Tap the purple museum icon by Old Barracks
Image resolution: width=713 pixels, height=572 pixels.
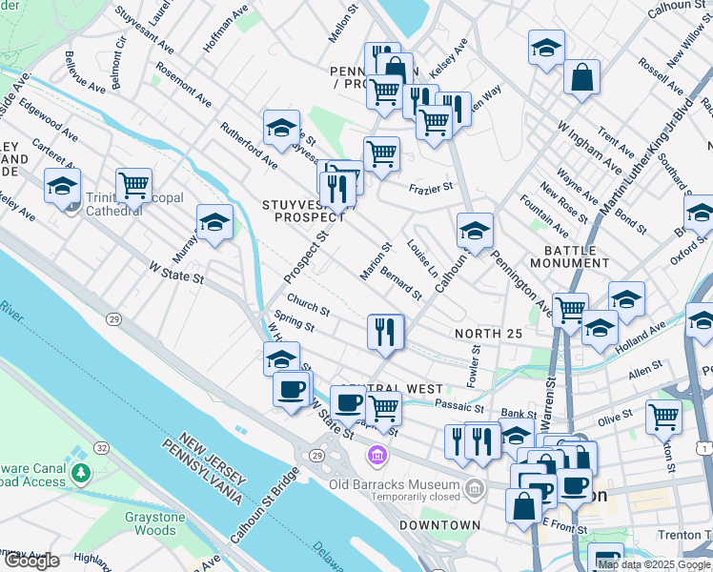[x=379, y=457]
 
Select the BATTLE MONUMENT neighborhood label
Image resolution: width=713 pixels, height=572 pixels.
[x=570, y=255]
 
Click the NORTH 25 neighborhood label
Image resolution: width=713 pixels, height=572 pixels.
[x=489, y=333]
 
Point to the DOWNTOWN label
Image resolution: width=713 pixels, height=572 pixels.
[x=439, y=525]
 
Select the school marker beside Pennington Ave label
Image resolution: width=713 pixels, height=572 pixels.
[x=475, y=230]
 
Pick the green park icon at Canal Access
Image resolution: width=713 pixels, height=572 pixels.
[x=81, y=472]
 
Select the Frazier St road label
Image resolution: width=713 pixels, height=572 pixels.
[x=431, y=189]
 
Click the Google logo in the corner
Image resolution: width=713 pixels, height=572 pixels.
[x=31, y=561]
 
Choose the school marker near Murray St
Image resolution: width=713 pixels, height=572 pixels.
[x=215, y=222]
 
